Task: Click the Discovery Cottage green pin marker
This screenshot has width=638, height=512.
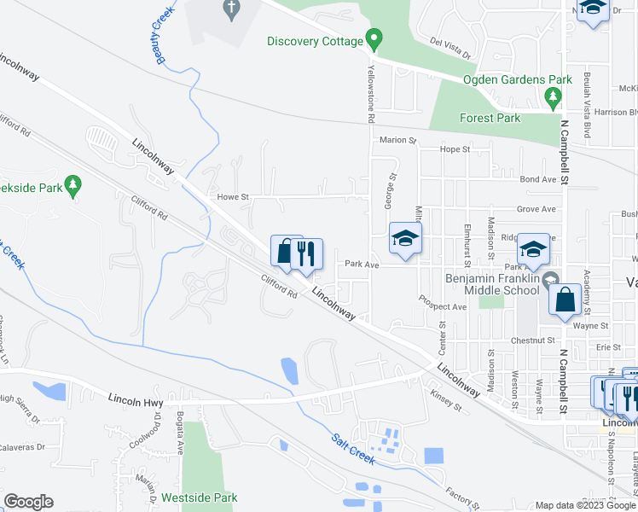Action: [x=373, y=38]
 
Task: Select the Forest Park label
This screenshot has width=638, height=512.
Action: [x=489, y=118]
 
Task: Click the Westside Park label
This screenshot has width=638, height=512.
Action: [x=201, y=497]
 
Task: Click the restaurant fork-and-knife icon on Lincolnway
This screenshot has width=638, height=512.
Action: [x=307, y=253]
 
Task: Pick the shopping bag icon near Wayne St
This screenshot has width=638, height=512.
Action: [x=565, y=300]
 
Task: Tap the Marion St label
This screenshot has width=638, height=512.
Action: [x=397, y=140]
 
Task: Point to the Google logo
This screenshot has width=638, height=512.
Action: [x=28, y=502]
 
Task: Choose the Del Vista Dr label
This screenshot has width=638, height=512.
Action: [x=451, y=49]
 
